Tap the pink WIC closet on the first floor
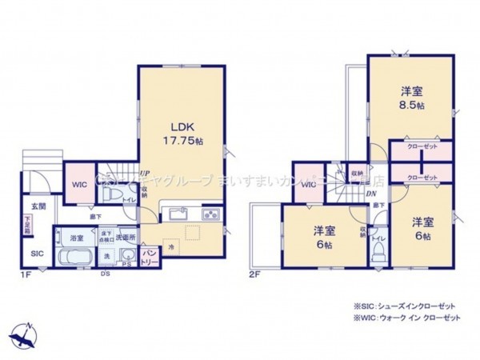coord(79,185)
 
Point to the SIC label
coord(38,254)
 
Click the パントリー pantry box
coord(150,255)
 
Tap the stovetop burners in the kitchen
coord(211,214)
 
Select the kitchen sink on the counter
coord(177,215)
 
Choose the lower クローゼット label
coord(421,177)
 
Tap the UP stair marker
coord(144,173)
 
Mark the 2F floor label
coord(255,274)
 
